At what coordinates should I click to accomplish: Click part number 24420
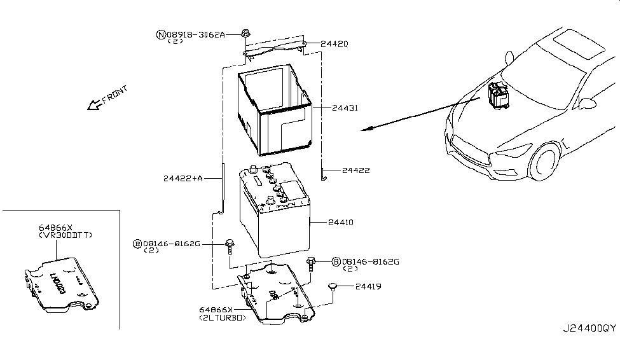coord(334,44)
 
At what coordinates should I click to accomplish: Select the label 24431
coord(344,108)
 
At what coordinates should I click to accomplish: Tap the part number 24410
coord(340,223)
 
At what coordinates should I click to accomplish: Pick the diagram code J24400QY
coord(588,329)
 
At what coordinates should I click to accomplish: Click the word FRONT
coord(114,93)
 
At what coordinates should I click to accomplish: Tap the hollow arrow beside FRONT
coord(94,104)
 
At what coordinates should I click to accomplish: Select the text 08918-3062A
coord(196,34)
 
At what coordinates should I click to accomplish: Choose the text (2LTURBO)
coord(222,317)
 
